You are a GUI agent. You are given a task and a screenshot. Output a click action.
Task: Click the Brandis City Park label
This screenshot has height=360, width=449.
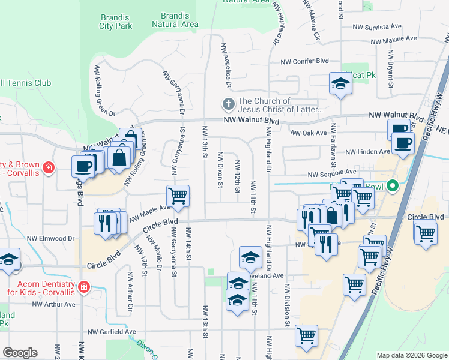pyautogui.click(x=115, y=21)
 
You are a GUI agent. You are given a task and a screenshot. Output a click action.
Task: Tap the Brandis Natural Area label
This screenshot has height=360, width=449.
pyautogui.click(x=175, y=19)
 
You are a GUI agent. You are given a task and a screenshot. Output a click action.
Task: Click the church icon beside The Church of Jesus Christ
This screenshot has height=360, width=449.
pyautogui.click(x=228, y=105)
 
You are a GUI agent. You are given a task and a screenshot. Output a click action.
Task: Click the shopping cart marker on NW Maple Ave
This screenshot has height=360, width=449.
pyautogui.click(x=178, y=196)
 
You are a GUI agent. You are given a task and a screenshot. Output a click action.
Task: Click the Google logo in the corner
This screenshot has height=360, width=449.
pyautogui.click(x=20, y=353)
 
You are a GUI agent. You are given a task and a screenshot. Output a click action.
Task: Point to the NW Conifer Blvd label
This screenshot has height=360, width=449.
pyautogui.click(x=306, y=61)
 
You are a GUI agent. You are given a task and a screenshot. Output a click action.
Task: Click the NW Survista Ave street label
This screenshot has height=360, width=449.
pyautogui.click(x=376, y=26)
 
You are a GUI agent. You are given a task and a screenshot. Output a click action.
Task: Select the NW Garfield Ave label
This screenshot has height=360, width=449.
pyautogui.click(x=112, y=331)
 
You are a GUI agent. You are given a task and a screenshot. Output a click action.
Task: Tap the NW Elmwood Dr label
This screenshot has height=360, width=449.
pyautogui.click(x=54, y=238)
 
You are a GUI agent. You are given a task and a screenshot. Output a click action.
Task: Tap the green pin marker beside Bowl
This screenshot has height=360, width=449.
pyautogui.click(x=393, y=186)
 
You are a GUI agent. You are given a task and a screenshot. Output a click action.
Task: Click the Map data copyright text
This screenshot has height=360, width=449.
pyautogui.click(x=411, y=355)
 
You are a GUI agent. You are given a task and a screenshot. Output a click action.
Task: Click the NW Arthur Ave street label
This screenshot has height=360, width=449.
pyautogui.click(x=54, y=304)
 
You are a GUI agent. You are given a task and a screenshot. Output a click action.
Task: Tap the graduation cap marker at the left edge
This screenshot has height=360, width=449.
pyautogui.click(x=8, y=260)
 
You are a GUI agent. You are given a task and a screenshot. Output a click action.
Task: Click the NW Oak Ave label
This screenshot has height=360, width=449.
pyautogui.click(x=309, y=133)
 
